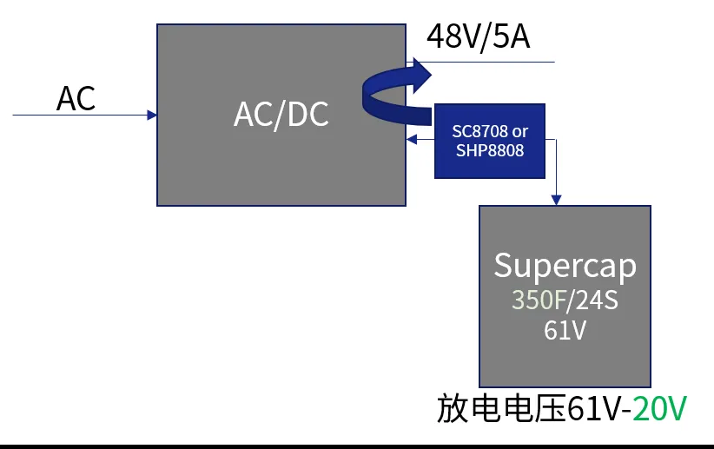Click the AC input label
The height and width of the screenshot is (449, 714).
pyautogui.click(x=76, y=98)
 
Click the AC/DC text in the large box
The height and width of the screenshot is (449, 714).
pyautogui.click(x=281, y=115)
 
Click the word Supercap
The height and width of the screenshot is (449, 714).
pyautogui.click(x=565, y=265)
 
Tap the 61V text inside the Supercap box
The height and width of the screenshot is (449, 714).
pyautogui.click(x=565, y=331)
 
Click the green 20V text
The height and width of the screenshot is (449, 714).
pyautogui.click(x=660, y=408)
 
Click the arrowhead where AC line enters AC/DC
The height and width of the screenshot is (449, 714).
pyautogui.click(x=152, y=115)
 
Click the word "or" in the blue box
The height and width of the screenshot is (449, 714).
pyautogui.click(x=520, y=132)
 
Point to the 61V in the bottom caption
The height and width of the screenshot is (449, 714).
pyautogui.click(x=594, y=408)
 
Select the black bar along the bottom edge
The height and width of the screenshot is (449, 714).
pyautogui.click(x=357, y=446)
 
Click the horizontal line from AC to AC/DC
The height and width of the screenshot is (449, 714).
pyautogui.click(x=78, y=115)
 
